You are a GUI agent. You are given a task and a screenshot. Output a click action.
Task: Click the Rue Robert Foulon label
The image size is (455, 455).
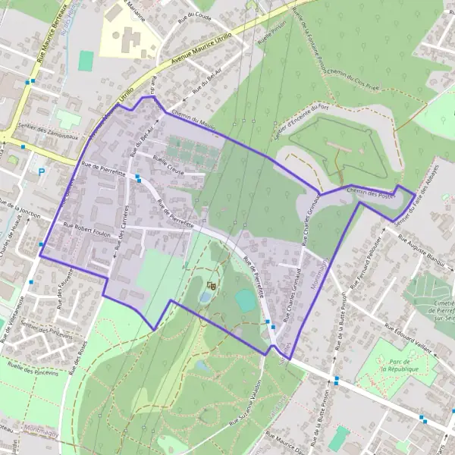86,230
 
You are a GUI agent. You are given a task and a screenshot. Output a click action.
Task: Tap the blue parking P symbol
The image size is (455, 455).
41,173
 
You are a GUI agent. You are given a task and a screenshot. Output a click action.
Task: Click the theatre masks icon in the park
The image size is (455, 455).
212,285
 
